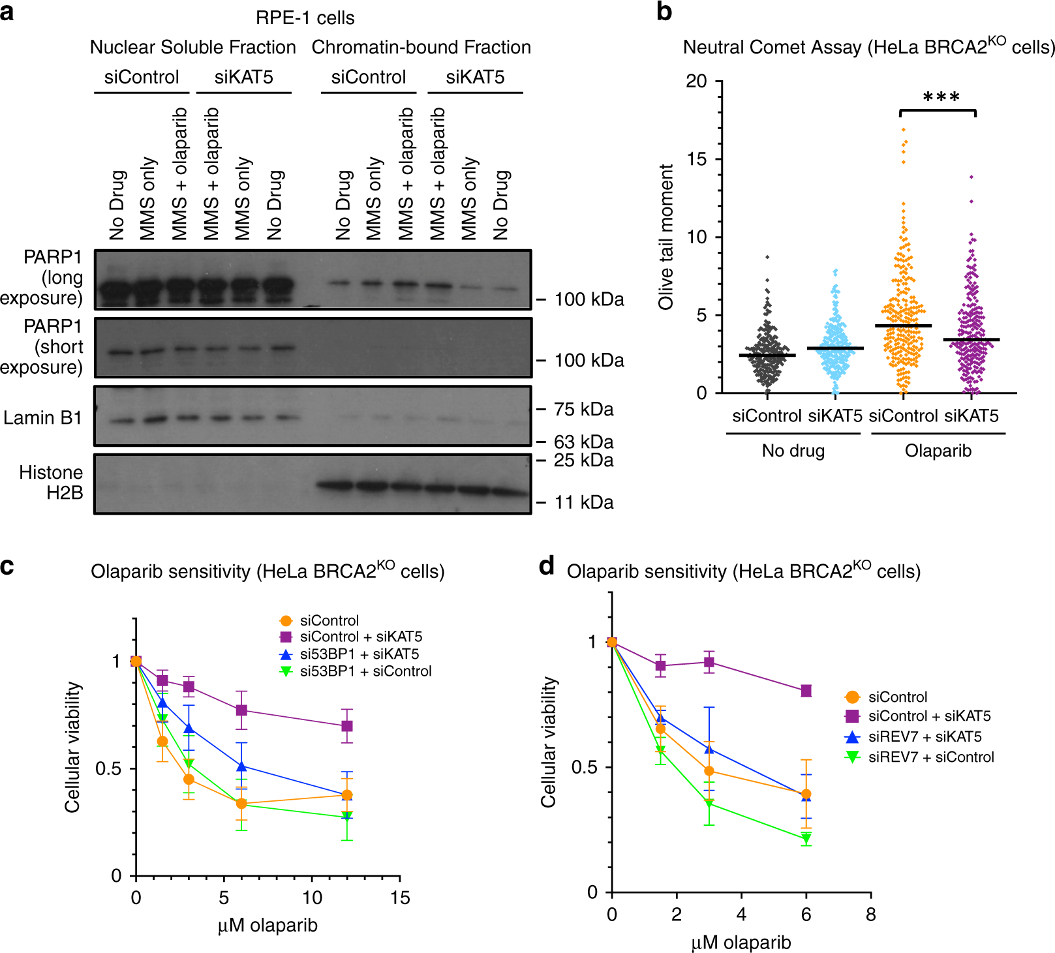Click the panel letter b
pos(664,12)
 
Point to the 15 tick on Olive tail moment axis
pos(697,159)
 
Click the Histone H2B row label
pos(51,482)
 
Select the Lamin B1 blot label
pos(42,417)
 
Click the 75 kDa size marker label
pos(583,410)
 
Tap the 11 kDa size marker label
pos(583,502)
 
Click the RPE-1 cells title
pos(305,18)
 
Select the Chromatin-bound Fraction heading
pos(421,47)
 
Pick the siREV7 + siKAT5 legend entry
pos(925,736)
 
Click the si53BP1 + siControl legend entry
pos(365,671)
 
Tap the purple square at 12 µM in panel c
pos(347,726)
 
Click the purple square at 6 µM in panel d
pos(806,691)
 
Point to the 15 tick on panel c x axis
pos(400,898)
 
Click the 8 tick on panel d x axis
pos(870,915)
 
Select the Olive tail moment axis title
pos(665,237)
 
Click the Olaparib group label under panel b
pos(938,451)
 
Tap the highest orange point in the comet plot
pos(904,130)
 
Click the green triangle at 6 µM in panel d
pos(806,838)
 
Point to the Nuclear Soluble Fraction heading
pos(192,47)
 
